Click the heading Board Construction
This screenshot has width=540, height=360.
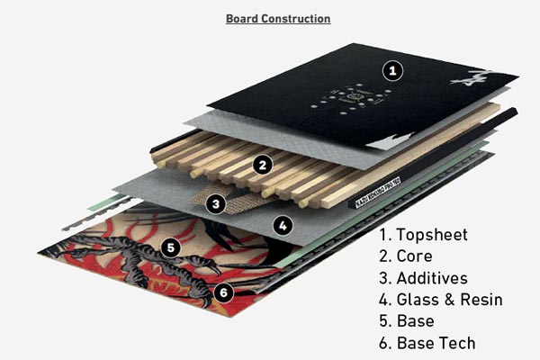pos(277,18)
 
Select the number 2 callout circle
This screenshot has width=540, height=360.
pos(262,165)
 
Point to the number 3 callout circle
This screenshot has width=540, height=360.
pos(214,203)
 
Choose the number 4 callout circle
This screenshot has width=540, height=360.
pos(282,226)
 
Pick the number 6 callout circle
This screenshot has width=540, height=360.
pos(224,292)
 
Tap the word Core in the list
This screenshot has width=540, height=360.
pos(418,256)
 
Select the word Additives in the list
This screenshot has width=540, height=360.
pos(436,278)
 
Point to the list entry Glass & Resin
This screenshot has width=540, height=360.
pos(440,300)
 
